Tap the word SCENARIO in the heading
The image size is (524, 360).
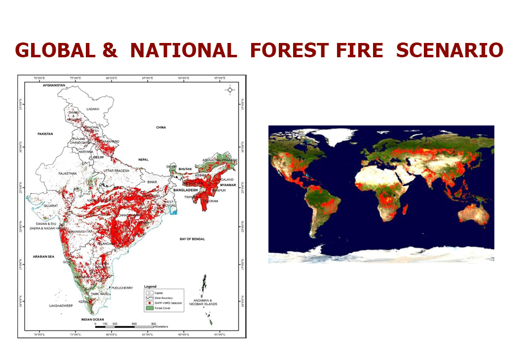tap(449, 50)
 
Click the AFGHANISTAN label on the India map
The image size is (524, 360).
tap(54, 85)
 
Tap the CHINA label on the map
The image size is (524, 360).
tap(161, 127)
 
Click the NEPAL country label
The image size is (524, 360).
tap(143, 160)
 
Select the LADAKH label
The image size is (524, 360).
tap(93, 109)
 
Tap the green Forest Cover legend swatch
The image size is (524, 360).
tap(148, 308)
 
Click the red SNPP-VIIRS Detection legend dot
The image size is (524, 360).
tap(148, 303)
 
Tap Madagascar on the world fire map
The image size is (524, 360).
tap(405, 210)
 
